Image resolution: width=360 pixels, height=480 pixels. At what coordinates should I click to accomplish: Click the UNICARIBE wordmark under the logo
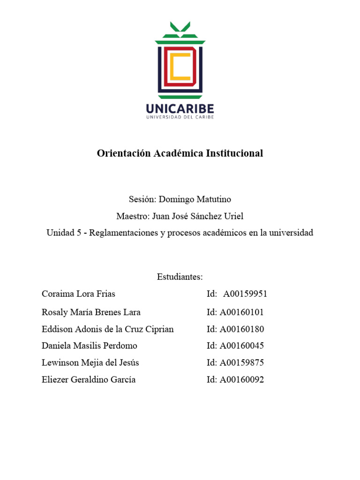(180, 108)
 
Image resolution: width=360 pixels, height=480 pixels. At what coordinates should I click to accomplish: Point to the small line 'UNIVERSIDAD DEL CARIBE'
(180, 118)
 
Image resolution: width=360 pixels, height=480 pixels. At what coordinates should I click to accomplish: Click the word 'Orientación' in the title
(124, 153)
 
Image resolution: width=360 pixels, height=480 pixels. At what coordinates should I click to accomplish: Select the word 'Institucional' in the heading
(234, 153)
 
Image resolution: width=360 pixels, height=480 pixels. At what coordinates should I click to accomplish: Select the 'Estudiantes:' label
(180, 277)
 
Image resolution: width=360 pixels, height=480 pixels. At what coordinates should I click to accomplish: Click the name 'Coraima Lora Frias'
(78, 294)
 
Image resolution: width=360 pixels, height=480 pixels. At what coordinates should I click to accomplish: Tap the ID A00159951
(245, 294)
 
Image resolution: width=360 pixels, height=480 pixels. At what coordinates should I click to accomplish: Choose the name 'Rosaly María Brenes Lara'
(91, 312)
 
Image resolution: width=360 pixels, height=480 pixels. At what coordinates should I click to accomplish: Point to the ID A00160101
(242, 312)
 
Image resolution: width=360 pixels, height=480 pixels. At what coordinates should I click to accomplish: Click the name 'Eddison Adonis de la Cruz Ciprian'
(107, 329)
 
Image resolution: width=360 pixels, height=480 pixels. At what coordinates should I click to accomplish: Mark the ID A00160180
(242, 329)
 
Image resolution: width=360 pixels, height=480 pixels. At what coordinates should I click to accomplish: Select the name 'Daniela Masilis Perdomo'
(89, 346)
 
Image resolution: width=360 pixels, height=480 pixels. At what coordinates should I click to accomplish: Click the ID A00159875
(242, 363)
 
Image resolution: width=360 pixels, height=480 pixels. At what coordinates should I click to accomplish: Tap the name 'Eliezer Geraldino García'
(89, 380)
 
